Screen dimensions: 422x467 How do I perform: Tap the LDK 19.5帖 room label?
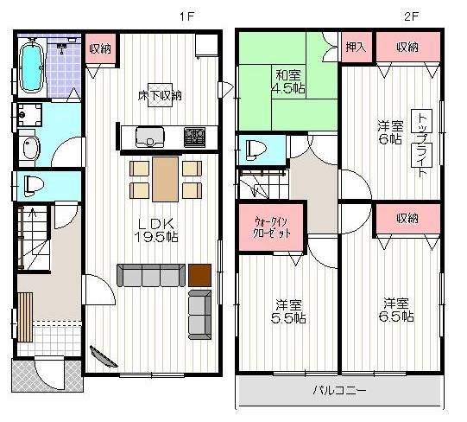(x=155, y=228)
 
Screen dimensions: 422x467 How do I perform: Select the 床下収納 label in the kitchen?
(x=160, y=94)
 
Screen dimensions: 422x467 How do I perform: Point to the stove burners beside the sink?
(x=192, y=137)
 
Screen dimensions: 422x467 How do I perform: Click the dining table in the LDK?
(x=165, y=176)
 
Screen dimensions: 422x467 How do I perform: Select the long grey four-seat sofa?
(x=151, y=274)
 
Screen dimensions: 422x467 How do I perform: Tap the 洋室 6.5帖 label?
(x=398, y=310)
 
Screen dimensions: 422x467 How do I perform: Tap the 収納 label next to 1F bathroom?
(x=101, y=47)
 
